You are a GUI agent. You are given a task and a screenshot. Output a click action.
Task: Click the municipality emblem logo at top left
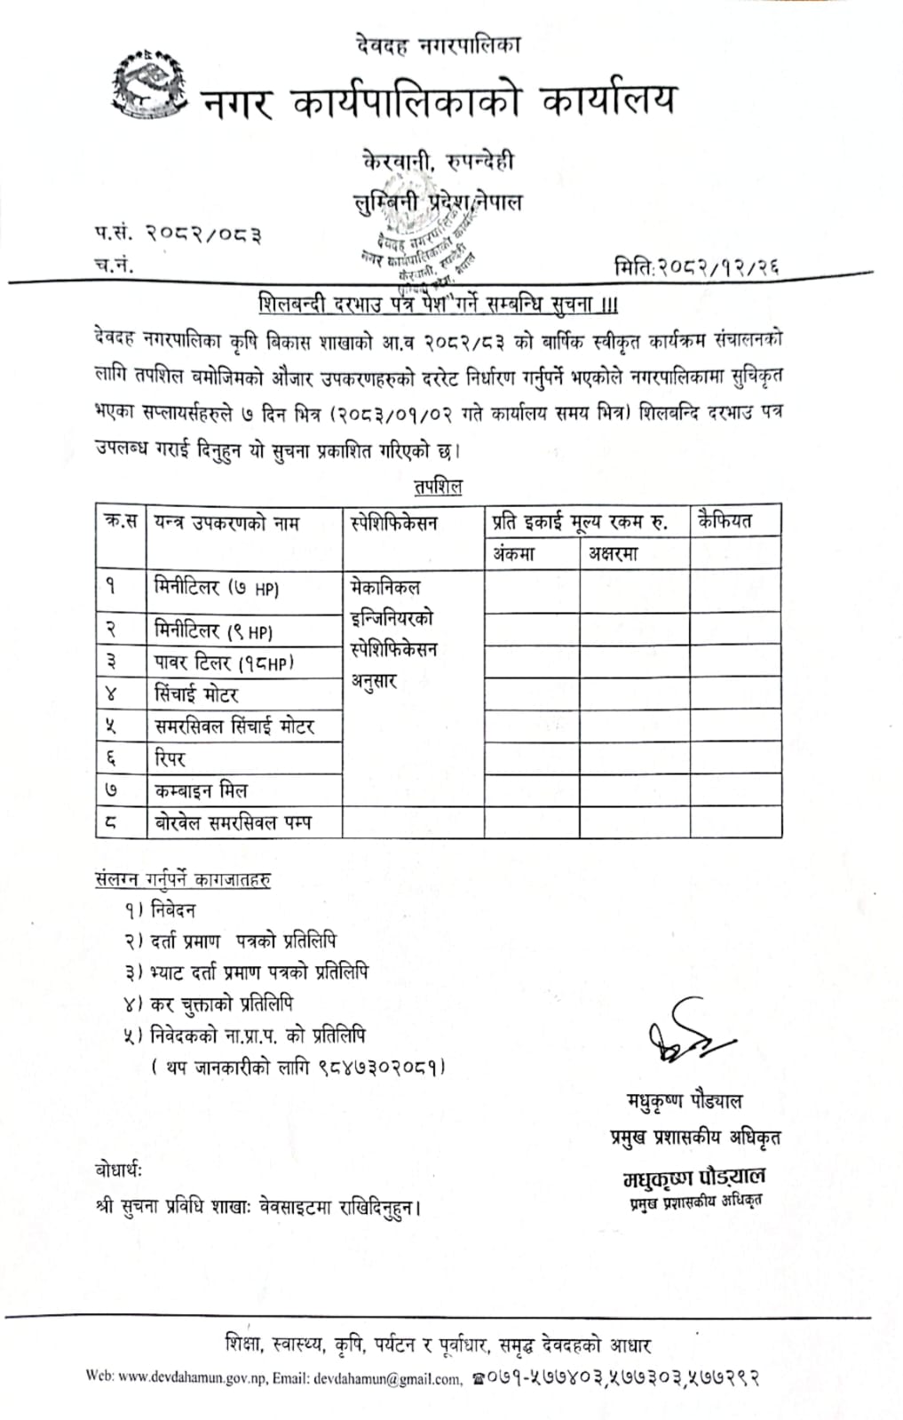coord(149,85)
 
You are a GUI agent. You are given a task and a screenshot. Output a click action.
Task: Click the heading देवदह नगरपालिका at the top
coord(438,44)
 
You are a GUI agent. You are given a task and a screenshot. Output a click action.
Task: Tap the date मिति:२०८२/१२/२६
coord(696,265)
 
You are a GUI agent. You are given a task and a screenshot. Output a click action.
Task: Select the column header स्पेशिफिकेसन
coord(394,523)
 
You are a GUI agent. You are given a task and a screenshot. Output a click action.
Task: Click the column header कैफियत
coord(725,520)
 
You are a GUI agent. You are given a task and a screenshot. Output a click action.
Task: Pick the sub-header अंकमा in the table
coord(514,554)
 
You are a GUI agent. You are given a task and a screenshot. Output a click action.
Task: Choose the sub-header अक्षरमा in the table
coord(613,554)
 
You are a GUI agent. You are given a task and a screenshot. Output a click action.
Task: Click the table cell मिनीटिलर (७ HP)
coord(217,587)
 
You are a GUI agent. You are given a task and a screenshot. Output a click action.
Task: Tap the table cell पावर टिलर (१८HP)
coord(224,662)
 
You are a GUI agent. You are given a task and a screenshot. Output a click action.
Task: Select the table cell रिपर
coord(170,758)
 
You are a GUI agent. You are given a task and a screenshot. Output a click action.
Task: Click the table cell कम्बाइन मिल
coord(201,790)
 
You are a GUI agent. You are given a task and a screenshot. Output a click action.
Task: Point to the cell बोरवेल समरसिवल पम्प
coord(234,823)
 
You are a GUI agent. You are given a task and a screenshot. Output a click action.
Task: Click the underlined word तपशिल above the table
coord(438,487)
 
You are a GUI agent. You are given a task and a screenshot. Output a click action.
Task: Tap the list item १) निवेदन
coord(160,909)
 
